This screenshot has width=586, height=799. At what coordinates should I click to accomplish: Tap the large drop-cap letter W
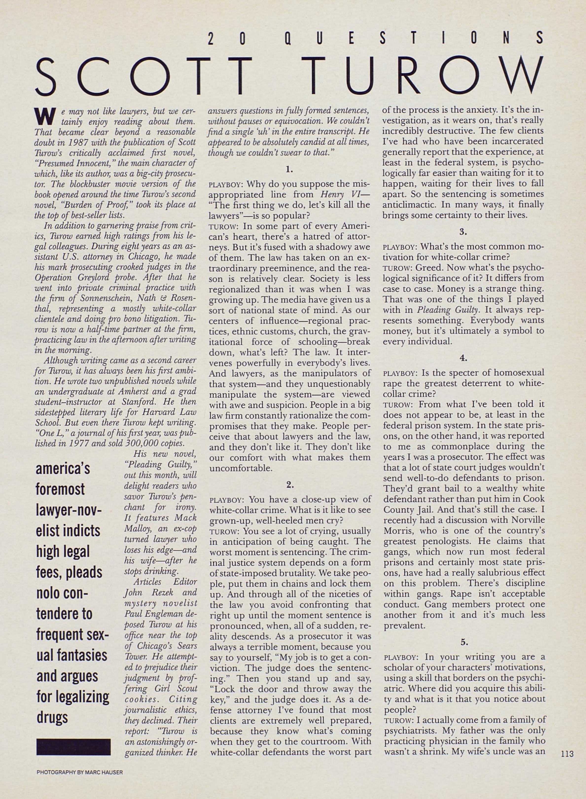tap(40, 116)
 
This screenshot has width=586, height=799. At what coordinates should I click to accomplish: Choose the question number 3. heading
tap(463, 232)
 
